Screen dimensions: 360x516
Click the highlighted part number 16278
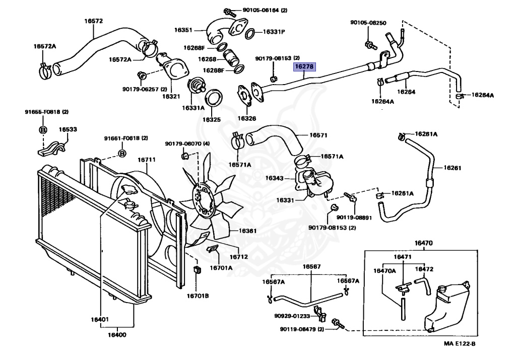click(x=304, y=66)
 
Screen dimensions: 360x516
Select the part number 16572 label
click(x=93, y=21)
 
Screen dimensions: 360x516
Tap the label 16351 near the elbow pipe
click(x=183, y=30)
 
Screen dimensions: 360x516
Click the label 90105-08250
click(x=368, y=23)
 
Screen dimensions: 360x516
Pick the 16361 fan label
click(x=247, y=231)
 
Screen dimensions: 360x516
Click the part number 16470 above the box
click(x=423, y=243)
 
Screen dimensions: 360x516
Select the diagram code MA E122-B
click(x=460, y=344)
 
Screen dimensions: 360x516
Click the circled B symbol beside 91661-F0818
click(x=121, y=154)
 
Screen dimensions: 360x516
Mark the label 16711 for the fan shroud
click(x=147, y=160)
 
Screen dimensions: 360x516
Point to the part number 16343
click(x=275, y=178)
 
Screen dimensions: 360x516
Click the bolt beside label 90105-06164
click(x=227, y=11)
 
